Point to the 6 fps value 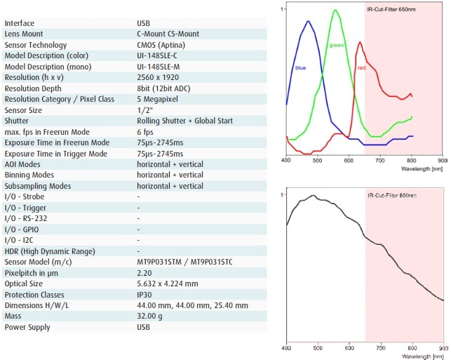point(145,132)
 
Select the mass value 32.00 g point(150,316)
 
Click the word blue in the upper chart point(300,68)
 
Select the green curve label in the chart point(337,46)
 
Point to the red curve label point(361,68)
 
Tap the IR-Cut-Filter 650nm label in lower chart point(390,194)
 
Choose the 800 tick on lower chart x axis point(412,347)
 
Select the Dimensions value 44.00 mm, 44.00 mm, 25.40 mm point(192,305)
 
